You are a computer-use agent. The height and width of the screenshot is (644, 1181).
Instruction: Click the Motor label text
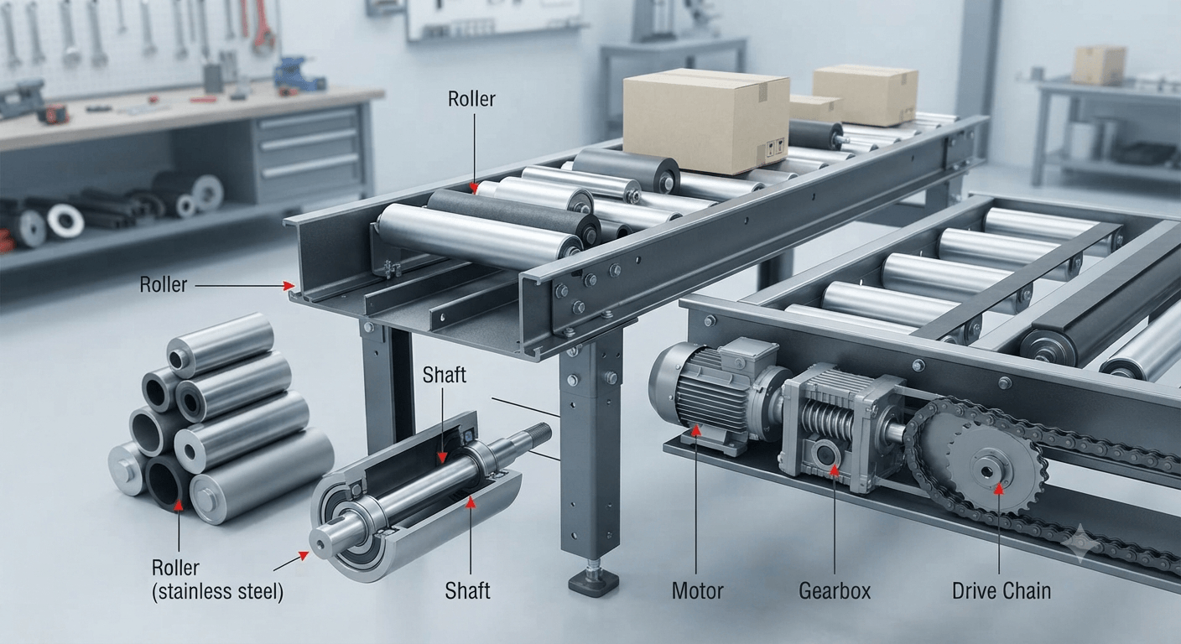[x=697, y=591]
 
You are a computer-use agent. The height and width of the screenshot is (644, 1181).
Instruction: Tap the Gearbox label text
[x=835, y=591]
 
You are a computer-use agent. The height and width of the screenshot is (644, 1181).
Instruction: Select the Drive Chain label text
[x=1002, y=591]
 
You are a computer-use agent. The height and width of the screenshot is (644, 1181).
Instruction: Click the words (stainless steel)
[x=217, y=592]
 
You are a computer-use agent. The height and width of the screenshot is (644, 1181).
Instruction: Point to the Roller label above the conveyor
[x=471, y=99]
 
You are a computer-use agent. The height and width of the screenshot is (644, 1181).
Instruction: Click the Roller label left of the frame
[x=163, y=285]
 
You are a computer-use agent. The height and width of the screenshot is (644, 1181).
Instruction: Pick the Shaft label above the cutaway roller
[x=444, y=375]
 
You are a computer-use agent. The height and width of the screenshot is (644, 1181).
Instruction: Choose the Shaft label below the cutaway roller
[x=467, y=591]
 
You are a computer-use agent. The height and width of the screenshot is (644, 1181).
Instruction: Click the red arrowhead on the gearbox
[x=834, y=470]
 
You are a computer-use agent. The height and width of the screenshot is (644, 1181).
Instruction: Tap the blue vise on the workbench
[x=297, y=74]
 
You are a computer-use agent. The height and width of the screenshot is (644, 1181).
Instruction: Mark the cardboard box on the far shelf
[x=1100, y=65]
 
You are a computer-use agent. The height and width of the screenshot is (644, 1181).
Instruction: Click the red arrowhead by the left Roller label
[x=289, y=286]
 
